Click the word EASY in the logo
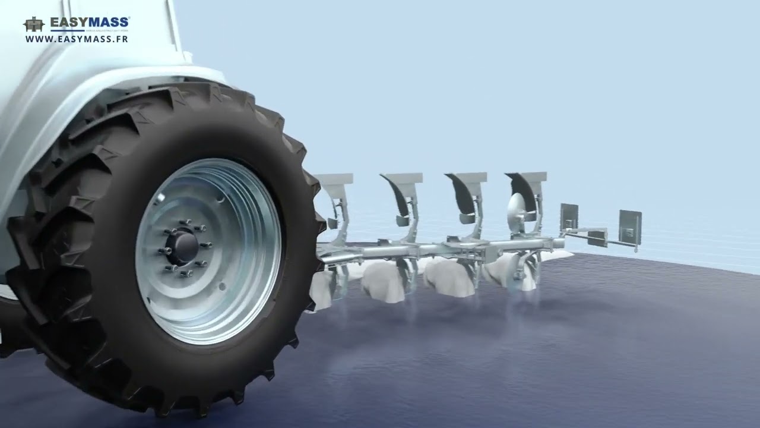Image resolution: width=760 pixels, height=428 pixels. (69, 23)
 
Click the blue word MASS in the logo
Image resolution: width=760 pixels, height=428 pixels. (110, 23)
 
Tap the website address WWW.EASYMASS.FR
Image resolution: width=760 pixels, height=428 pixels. (77, 39)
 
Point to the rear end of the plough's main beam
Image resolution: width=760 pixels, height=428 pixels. (558, 243)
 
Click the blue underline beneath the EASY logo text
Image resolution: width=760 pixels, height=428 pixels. (68, 30)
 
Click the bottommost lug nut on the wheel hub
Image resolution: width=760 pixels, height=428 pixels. (185, 273)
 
